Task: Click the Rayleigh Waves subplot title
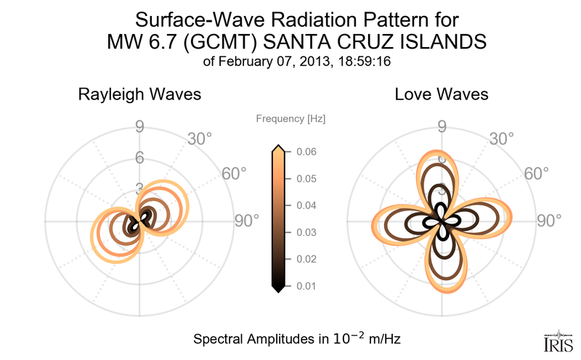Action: (139, 94)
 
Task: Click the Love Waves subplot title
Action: (442, 94)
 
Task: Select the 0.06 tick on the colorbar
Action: (306, 152)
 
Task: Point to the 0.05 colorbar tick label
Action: (306, 179)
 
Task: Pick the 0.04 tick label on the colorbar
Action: (306, 205)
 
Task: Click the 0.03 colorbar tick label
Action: (306, 232)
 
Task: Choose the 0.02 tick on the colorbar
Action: (306, 259)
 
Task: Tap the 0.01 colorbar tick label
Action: (306, 286)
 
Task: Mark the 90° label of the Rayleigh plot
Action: (247, 222)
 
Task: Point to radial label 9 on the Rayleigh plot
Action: (139, 128)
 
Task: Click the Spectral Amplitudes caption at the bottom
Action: (298, 339)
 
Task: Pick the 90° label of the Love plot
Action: (550, 222)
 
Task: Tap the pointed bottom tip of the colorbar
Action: (277, 289)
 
